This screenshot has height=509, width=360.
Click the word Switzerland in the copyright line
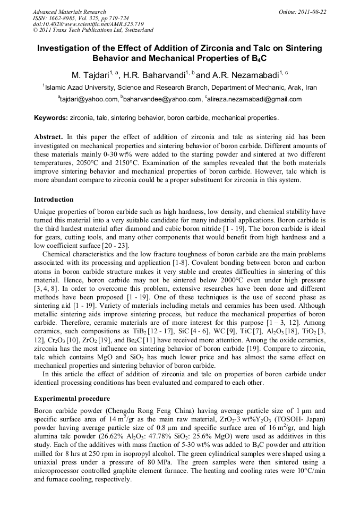134,31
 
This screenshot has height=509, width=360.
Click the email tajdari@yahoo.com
88,99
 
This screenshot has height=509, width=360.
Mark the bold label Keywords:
51,118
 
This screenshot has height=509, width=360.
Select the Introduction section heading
54,200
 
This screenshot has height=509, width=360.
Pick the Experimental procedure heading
72,398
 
